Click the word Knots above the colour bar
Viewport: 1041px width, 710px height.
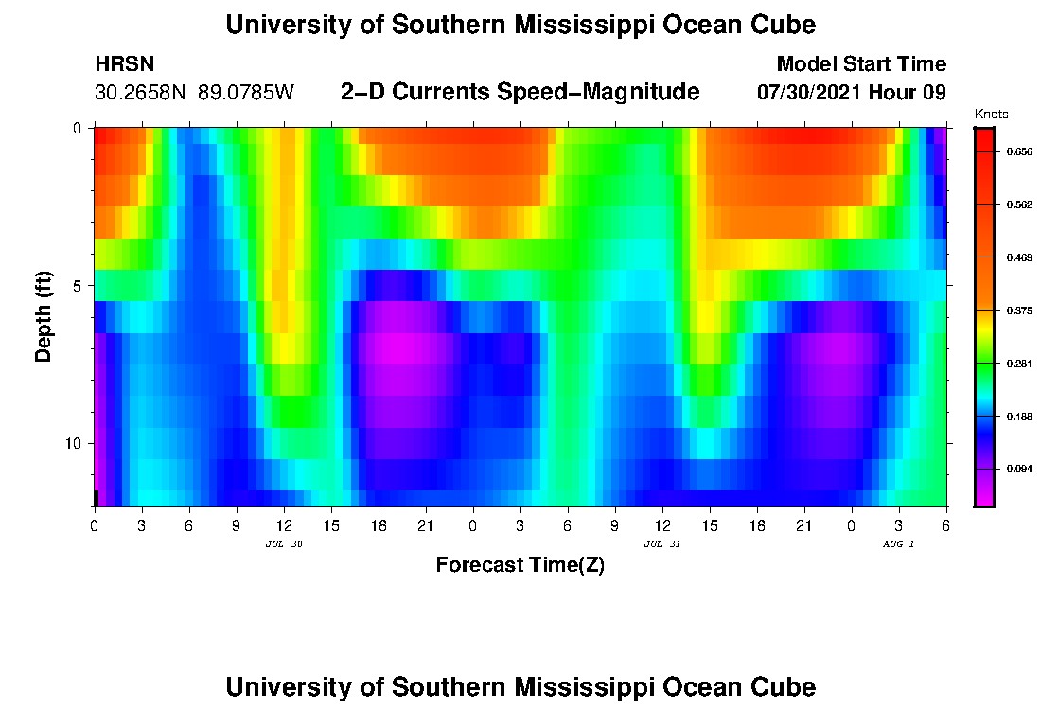pyautogui.click(x=991, y=115)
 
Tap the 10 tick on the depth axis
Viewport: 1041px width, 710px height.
pyautogui.click(x=76, y=443)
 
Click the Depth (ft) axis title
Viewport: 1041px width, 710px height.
pyautogui.click(x=44, y=317)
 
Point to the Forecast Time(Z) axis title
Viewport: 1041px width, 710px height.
pyautogui.click(x=520, y=565)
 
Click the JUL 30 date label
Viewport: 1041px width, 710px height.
pyautogui.click(x=284, y=544)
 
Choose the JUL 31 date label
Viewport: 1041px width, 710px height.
pyautogui.click(x=662, y=544)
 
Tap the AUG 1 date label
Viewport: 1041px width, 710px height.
pyautogui.click(x=898, y=544)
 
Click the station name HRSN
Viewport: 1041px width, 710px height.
pyautogui.click(x=124, y=65)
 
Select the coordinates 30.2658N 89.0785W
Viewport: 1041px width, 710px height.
pyautogui.click(x=194, y=93)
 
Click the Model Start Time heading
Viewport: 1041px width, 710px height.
pyautogui.click(x=860, y=64)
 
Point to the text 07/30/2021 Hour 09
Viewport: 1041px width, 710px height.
pyautogui.click(x=852, y=93)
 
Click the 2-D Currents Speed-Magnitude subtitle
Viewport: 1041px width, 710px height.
pyautogui.click(x=520, y=92)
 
